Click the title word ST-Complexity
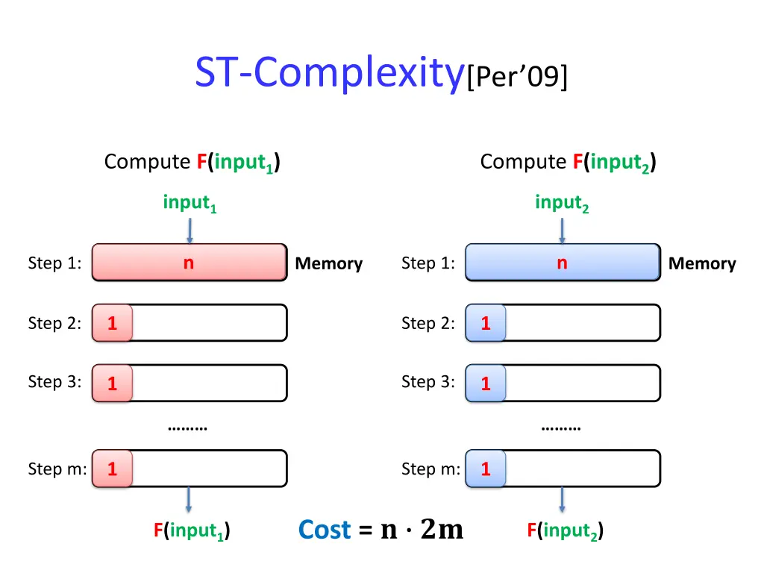click(x=328, y=73)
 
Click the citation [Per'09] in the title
click(x=517, y=77)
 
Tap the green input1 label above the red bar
click(x=190, y=203)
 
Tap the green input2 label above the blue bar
click(x=562, y=203)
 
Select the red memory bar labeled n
click(x=190, y=263)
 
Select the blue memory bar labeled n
click(x=563, y=263)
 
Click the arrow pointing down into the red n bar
click(x=190, y=230)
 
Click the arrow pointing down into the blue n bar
click(x=562, y=230)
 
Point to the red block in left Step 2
click(x=112, y=323)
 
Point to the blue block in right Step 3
click(x=485, y=383)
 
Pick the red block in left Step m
click(x=112, y=469)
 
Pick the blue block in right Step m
click(x=485, y=469)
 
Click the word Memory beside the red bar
click(x=328, y=263)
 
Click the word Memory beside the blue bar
click(x=701, y=263)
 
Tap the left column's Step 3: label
click(x=54, y=382)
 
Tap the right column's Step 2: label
click(x=428, y=323)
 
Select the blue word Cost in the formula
click(x=324, y=530)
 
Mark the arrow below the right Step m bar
click(x=562, y=499)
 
